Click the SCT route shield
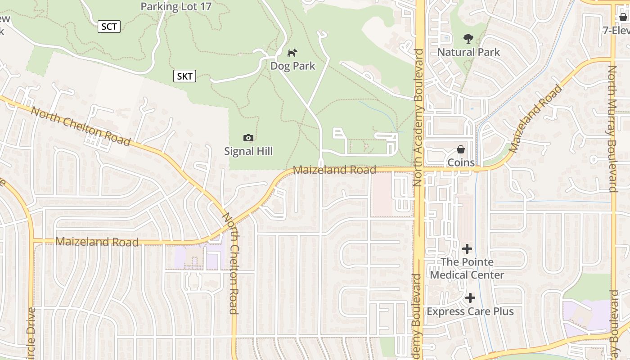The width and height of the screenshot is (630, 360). click(x=109, y=27)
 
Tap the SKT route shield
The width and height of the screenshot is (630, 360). click(x=184, y=76)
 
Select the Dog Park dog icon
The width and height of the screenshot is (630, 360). click(x=292, y=53)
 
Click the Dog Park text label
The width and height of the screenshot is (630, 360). click(x=293, y=66)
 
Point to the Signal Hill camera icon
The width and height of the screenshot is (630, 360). click(x=248, y=138)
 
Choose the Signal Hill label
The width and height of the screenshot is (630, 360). click(x=248, y=151)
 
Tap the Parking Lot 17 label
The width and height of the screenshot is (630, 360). click(x=176, y=7)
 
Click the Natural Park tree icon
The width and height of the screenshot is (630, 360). click(x=468, y=39)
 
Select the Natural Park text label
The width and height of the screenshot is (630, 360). click(x=468, y=52)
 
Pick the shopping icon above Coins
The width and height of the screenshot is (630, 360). click(x=461, y=149)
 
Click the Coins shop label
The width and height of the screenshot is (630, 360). click(x=461, y=162)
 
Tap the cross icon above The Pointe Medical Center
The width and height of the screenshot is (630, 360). click(x=467, y=248)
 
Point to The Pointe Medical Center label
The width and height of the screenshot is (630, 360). click(x=467, y=268)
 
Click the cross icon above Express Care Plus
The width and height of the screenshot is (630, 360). click(x=470, y=298)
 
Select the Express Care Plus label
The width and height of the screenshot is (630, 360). click(x=470, y=311)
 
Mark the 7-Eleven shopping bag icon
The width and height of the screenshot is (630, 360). click(x=623, y=17)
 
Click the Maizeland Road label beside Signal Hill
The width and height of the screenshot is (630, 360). click(x=334, y=170)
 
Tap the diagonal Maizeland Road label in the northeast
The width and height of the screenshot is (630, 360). click(x=536, y=118)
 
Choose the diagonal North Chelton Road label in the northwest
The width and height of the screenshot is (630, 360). click(x=81, y=126)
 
